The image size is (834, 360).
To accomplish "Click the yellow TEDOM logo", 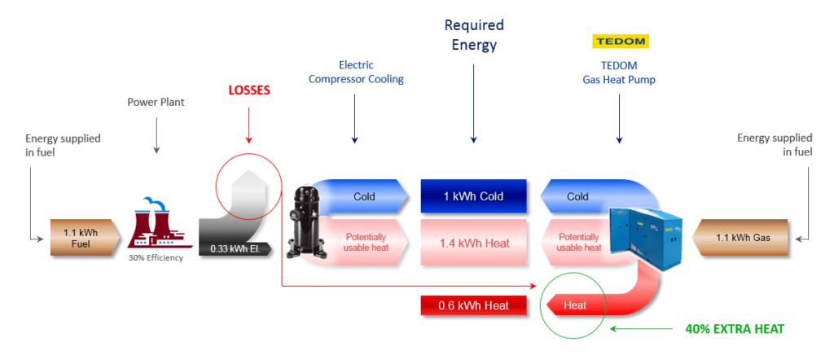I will pyautogui.click(x=619, y=42).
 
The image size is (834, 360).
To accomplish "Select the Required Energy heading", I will pyautogui.click(x=473, y=35).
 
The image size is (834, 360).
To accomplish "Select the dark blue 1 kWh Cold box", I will pyautogui.click(x=473, y=196).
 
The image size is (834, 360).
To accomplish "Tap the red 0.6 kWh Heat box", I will pyautogui.click(x=473, y=305).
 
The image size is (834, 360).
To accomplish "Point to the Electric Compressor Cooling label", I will pyautogui.click(x=354, y=72).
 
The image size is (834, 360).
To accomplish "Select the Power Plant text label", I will pyautogui.click(x=155, y=102).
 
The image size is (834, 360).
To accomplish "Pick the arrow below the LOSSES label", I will pyautogui.click(x=248, y=130).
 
